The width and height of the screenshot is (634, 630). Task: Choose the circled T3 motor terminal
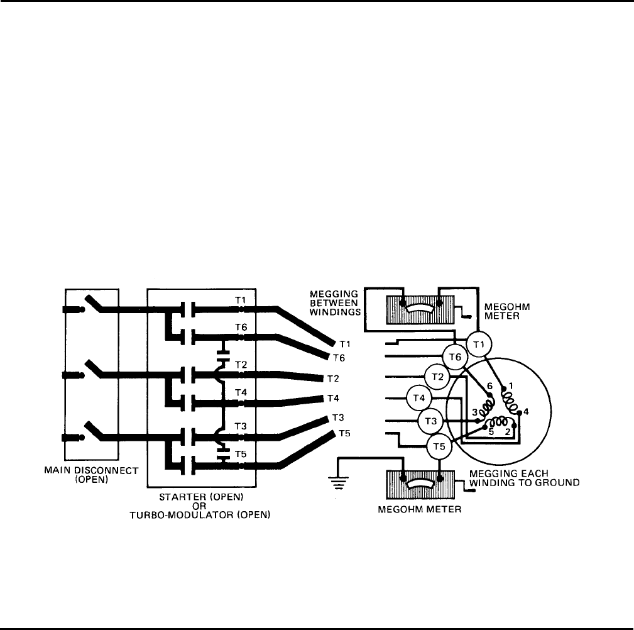430,420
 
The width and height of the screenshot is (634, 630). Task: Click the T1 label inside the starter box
241,300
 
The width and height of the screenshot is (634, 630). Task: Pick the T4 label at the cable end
333,399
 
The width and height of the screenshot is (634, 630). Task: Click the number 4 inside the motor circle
526,412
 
